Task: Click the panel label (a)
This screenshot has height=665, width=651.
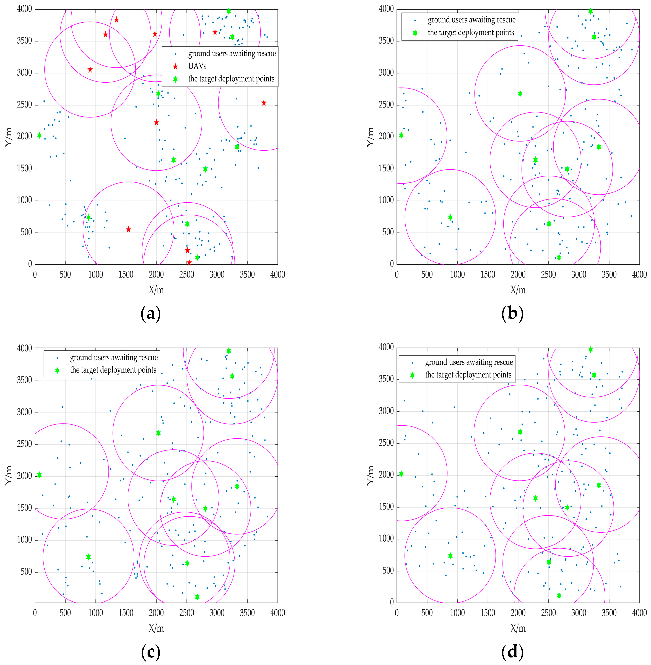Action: [150, 314]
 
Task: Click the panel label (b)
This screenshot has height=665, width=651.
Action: [512, 314]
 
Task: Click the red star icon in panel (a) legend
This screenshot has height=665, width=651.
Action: [175, 66]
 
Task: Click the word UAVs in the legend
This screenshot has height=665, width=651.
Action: [197, 66]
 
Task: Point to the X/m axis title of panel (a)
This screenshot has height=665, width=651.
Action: [156, 290]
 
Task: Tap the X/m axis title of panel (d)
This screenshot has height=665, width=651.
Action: [518, 628]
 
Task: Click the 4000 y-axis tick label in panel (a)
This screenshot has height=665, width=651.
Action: [25, 9]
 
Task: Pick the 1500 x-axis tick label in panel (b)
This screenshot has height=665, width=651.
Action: [488, 274]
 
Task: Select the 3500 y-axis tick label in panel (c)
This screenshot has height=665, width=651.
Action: [25, 380]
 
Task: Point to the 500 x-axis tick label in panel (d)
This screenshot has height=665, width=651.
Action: [427, 613]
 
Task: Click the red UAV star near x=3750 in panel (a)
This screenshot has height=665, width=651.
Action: [264, 103]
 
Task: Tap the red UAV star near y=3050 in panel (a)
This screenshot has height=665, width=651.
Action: [90, 69]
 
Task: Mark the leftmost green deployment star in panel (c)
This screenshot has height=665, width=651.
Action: [39, 475]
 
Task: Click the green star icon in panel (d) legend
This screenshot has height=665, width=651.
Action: [412, 375]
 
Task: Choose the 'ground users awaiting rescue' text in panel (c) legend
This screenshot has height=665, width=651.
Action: [114, 358]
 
